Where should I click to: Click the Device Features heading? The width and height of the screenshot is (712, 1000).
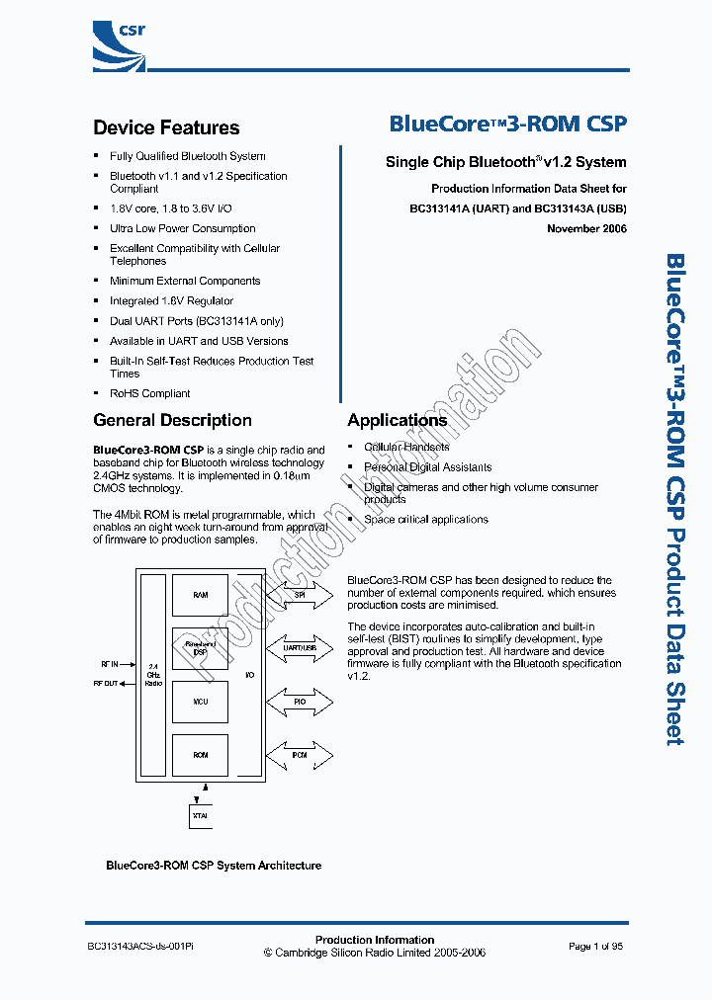[x=166, y=127]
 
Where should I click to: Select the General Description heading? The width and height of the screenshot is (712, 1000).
[x=172, y=420]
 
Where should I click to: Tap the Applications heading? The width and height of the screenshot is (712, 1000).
[x=397, y=420]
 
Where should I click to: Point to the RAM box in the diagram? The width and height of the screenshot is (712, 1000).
[x=200, y=595]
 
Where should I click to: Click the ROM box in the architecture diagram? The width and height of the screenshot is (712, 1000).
[x=200, y=755]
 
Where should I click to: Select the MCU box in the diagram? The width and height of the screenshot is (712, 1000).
[x=200, y=702]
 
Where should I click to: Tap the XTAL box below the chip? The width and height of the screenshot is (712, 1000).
[x=201, y=816]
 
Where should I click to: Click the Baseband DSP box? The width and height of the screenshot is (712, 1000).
[x=200, y=648]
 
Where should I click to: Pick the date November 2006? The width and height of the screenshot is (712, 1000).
[x=586, y=228]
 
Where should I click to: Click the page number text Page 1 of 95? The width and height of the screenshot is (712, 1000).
[x=595, y=946]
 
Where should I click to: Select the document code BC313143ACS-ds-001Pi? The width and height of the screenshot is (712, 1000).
[x=140, y=946]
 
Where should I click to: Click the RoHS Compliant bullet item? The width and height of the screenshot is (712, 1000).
[x=149, y=393]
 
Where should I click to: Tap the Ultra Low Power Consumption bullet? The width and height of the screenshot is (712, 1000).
[x=182, y=228]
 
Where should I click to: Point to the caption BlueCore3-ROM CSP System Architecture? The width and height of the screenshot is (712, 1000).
[x=214, y=866]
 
